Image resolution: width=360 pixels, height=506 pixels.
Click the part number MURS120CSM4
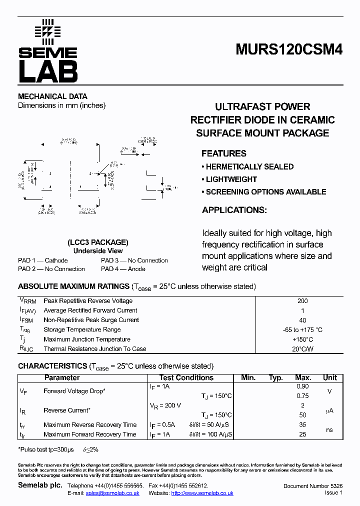[289, 50]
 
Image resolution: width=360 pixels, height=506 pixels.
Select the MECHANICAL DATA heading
[52, 96]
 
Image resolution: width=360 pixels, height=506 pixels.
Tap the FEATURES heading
[224, 153]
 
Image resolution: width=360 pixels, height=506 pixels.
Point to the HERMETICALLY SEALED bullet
[247, 166]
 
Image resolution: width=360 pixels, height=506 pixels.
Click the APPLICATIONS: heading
[234, 210]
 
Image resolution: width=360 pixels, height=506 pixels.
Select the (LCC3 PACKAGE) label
[98, 242]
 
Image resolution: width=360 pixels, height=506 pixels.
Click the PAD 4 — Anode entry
[123, 269]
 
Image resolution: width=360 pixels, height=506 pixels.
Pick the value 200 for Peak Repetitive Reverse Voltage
[302, 301]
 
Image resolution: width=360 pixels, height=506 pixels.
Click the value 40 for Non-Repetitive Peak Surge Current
[302, 320]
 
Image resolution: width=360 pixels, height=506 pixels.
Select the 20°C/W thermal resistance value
[302, 349]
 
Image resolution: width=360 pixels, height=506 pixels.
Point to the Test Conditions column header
[186, 378]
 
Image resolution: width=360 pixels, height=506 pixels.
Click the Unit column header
[330, 378]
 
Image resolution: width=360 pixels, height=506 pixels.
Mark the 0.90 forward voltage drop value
[302, 386]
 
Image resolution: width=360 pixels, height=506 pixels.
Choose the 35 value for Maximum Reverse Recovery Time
[302, 425]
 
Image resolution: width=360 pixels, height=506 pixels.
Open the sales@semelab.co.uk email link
[112, 493]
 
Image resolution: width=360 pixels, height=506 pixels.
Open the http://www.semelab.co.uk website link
[202, 493]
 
